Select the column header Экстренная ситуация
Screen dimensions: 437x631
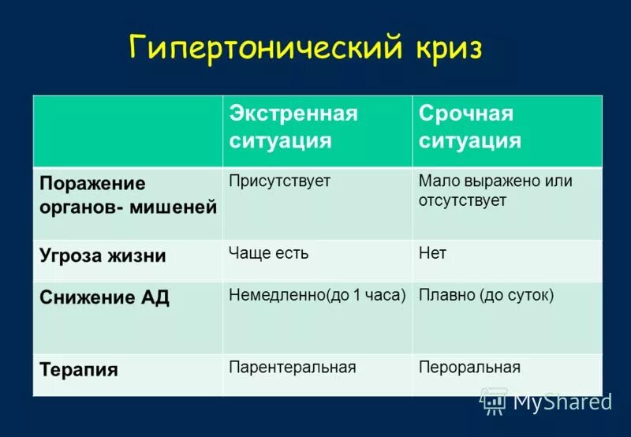pos(293,127)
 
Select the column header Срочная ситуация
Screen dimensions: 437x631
pos(470,127)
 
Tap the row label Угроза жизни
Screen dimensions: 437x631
pos(103,256)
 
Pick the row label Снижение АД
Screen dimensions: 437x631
pos(105,298)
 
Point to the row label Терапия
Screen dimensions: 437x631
pos(79,369)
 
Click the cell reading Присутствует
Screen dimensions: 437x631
pos(279,181)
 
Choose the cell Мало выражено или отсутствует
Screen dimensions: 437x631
pos(495,191)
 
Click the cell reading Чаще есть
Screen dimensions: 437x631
pos(268,253)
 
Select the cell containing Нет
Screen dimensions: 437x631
pos(432,253)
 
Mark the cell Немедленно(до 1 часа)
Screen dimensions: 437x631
pos(317,296)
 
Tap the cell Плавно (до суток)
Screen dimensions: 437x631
pos(486,296)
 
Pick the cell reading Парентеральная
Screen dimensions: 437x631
pos(292,368)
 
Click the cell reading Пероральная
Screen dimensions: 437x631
pos(469,368)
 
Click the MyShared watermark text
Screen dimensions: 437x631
pos(562,402)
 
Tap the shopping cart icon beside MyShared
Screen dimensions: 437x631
pos(494,401)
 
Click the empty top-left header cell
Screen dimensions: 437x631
pos(128,131)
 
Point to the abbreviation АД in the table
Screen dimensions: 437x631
pos(155,298)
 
